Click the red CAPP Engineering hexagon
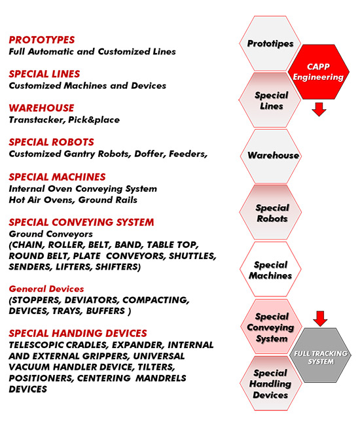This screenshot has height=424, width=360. click(x=318, y=72)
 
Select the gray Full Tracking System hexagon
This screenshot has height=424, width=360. click(x=320, y=355)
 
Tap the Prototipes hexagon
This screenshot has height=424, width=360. click(x=270, y=43)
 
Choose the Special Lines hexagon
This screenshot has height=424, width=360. click(x=270, y=100)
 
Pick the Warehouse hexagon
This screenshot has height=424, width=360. click(x=271, y=156)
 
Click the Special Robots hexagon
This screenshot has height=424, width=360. click(x=270, y=212)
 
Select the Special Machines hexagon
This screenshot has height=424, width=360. click(x=270, y=269)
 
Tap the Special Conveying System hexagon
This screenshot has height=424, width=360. click(x=271, y=327)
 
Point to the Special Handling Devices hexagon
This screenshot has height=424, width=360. click(x=271, y=383)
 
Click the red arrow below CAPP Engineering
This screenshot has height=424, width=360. click(x=319, y=109)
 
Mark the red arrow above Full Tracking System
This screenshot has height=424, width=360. click(x=320, y=319)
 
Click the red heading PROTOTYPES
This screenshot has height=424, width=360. click(x=42, y=40)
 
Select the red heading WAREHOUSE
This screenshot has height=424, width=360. click(x=41, y=108)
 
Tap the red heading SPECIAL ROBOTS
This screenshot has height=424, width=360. click(x=52, y=142)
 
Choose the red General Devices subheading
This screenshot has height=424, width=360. click(x=46, y=289)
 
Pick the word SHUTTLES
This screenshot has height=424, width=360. click(x=192, y=256)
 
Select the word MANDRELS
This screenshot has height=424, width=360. click(x=160, y=378)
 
